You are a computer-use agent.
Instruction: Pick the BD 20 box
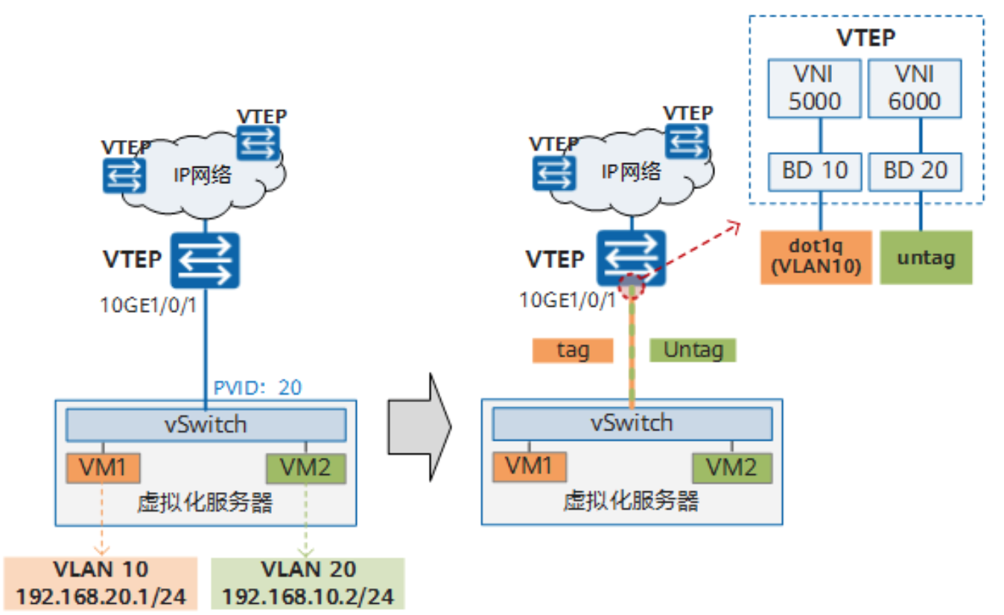(x=915, y=171)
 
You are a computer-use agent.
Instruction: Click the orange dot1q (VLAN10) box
(x=816, y=258)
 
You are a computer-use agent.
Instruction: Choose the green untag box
(x=926, y=258)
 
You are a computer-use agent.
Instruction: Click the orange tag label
(x=572, y=350)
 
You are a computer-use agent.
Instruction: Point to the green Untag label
(x=692, y=350)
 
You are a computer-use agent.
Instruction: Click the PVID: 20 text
(x=258, y=387)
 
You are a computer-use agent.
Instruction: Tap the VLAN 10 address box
(x=101, y=584)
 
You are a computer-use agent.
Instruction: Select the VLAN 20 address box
(x=307, y=584)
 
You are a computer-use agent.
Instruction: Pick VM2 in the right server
(x=731, y=468)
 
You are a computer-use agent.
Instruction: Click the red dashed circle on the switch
(x=632, y=285)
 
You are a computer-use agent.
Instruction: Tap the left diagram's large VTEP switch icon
(x=205, y=261)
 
